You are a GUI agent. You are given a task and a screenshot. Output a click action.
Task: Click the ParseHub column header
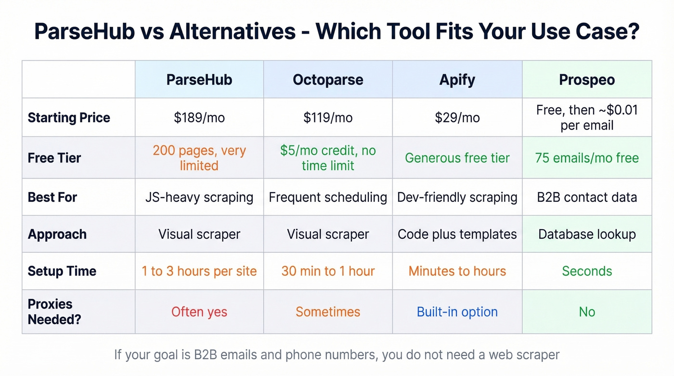tap(199, 79)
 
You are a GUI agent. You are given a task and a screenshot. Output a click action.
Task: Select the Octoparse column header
tap(328, 79)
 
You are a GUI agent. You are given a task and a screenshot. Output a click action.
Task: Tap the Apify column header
tap(457, 79)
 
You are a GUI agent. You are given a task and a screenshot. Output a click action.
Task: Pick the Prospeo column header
tap(587, 79)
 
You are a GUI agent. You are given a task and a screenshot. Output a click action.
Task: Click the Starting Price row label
tap(69, 118)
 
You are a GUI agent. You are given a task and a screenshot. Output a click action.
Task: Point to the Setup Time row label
tap(62, 271)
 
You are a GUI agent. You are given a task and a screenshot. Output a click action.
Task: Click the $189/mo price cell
tap(199, 118)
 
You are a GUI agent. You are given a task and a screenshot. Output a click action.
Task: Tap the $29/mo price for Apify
tap(457, 118)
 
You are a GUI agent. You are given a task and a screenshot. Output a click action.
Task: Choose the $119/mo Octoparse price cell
tap(328, 118)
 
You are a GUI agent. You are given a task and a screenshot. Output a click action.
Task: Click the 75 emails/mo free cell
tap(587, 158)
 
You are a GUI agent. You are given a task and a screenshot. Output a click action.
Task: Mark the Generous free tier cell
tap(457, 158)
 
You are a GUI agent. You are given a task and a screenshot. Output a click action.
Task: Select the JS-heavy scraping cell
tap(199, 197)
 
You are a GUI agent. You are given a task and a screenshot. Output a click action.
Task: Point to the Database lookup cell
tap(587, 234)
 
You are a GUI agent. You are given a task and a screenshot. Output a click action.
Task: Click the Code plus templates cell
tap(457, 234)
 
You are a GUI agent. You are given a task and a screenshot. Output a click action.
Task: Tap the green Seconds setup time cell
tap(587, 271)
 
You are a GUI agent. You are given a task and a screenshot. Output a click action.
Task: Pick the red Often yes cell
tap(199, 312)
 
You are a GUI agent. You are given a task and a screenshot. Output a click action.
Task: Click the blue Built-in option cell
tap(457, 312)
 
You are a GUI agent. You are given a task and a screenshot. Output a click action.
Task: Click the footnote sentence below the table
tap(337, 355)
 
